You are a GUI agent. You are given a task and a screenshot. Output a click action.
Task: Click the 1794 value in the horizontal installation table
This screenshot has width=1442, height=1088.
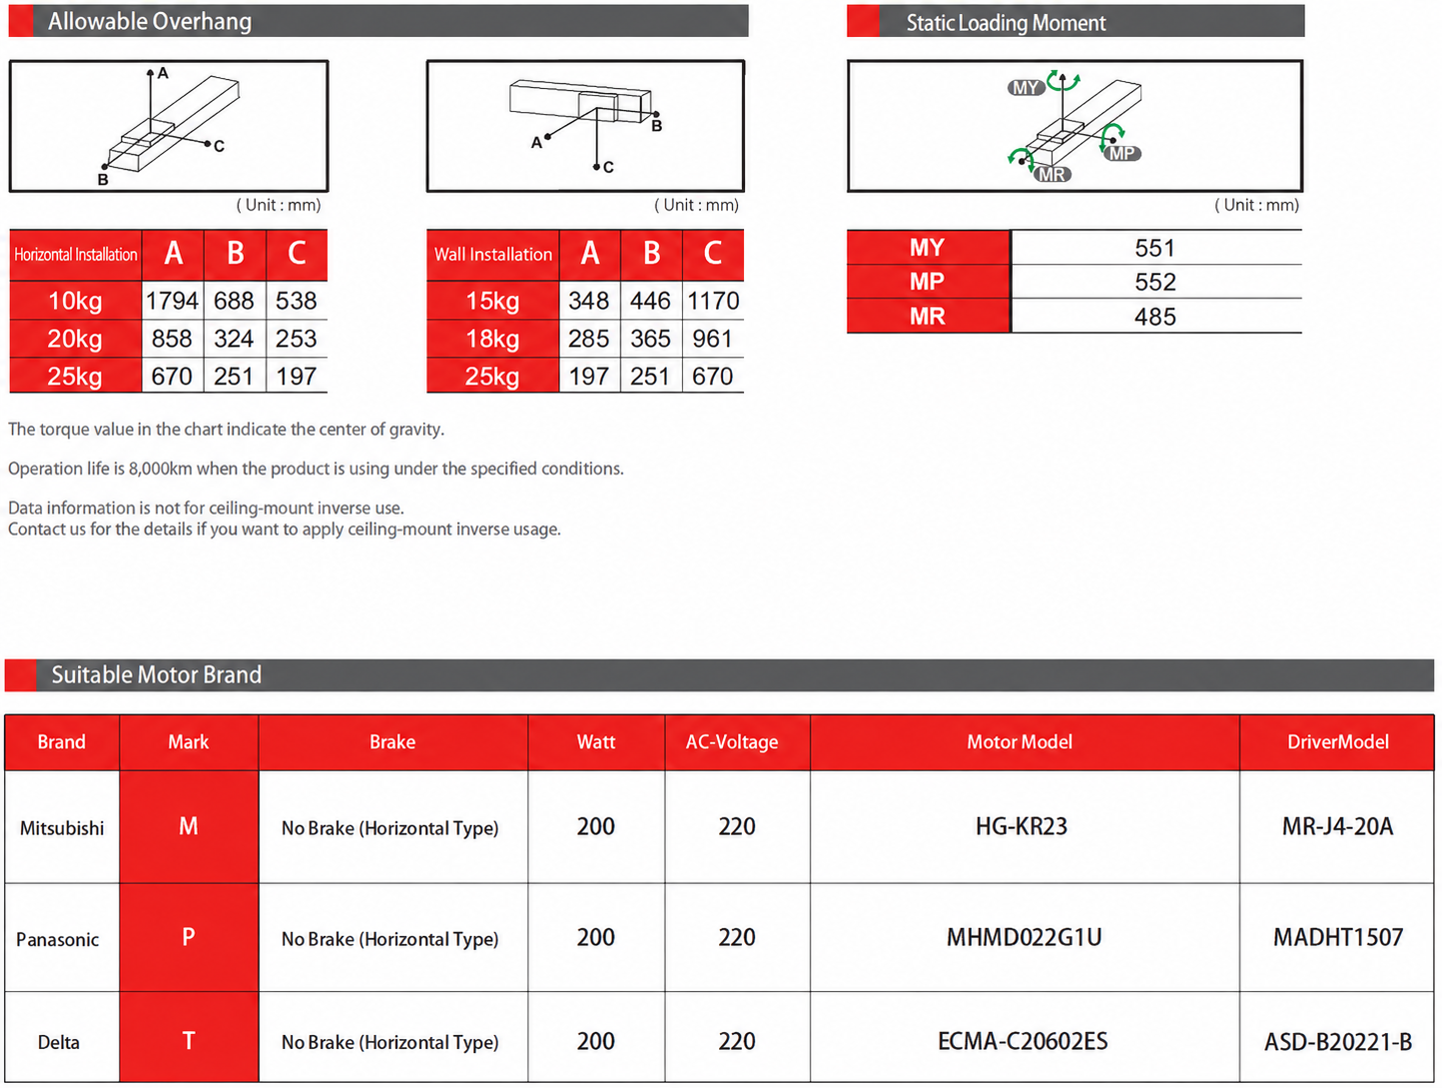(172, 301)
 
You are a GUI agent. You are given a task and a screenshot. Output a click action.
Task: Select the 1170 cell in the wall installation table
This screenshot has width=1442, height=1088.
(713, 301)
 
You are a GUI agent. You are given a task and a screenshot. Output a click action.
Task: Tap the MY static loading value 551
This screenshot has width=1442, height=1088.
(1154, 249)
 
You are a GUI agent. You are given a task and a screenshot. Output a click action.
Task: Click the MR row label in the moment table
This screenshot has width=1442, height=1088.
(927, 317)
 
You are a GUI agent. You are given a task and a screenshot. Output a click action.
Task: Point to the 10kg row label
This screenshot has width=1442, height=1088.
(75, 301)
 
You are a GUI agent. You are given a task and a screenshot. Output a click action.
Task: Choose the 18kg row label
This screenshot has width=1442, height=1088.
(492, 339)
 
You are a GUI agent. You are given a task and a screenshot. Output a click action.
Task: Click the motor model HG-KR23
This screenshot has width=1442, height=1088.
(1021, 826)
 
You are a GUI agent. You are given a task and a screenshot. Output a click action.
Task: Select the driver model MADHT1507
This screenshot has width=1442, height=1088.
(1337, 937)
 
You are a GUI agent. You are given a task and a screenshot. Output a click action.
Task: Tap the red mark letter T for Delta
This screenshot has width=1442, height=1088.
(189, 1041)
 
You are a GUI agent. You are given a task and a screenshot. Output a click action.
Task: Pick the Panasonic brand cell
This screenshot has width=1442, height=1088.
(58, 939)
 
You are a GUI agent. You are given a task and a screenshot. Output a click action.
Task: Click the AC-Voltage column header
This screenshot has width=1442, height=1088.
(732, 741)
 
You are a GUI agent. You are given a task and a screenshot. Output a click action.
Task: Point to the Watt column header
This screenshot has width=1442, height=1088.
(596, 741)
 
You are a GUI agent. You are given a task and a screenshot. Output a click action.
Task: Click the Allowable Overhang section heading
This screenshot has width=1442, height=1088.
(150, 22)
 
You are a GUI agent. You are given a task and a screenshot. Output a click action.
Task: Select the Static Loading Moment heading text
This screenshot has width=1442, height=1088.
(1006, 23)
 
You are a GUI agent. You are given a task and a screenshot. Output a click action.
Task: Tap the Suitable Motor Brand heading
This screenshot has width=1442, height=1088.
(157, 674)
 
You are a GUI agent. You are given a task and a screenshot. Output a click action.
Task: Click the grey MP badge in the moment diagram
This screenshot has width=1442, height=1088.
(1122, 154)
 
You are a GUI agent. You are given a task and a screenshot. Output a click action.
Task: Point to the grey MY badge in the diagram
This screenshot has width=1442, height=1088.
(1026, 87)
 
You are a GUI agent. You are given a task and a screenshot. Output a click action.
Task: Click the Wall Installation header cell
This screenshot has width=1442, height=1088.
(493, 254)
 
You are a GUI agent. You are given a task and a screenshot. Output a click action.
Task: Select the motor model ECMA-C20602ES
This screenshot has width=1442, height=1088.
(1023, 1041)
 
